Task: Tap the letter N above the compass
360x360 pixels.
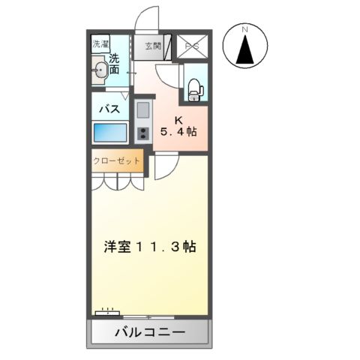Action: pyautogui.click(x=244, y=29)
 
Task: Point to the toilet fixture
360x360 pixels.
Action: pyautogui.click(x=194, y=88)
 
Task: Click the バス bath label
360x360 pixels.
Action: pyautogui.click(x=111, y=108)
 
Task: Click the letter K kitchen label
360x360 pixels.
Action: pyautogui.click(x=178, y=118)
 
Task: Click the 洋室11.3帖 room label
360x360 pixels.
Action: pyautogui.click(x=150, y=246)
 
